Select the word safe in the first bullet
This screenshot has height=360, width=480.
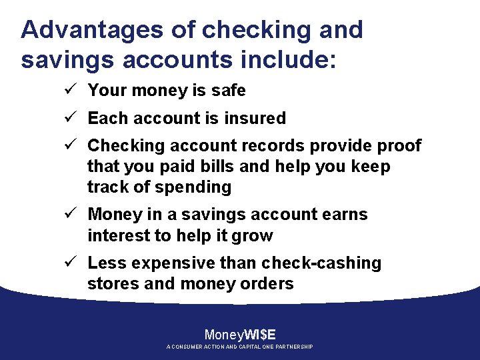tap(229, 90)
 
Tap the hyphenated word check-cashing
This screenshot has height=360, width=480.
tap(321, 263)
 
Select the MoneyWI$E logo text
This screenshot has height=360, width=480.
tap(240, 335)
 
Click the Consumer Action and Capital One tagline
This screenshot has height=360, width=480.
tap(240, 347)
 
